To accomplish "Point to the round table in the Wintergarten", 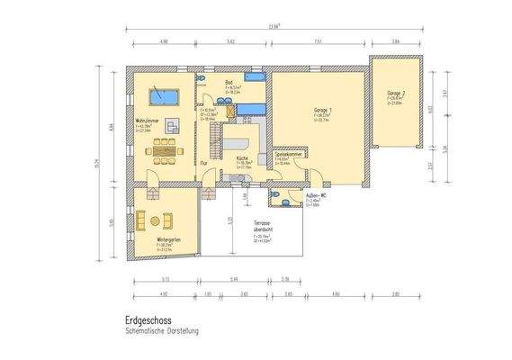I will tap(165, 220).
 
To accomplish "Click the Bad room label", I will tap(229, 81).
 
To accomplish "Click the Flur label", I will tap(204, 163).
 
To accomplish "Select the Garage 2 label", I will tap(397, 93).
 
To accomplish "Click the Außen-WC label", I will tap(315, 195).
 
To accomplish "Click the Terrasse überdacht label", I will tap(262, 229).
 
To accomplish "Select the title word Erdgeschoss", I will tap(147, 319).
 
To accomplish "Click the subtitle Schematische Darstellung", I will tap(164, 330).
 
